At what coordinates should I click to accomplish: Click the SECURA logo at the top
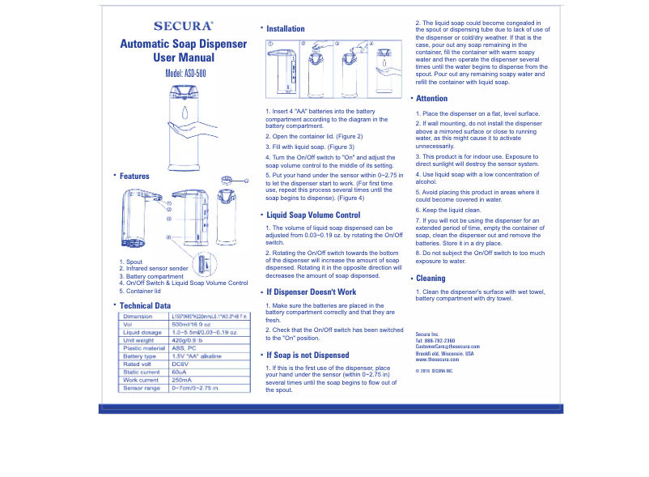point(183,26)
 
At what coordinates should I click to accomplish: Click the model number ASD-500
point(185,73)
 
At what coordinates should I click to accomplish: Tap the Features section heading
point(134,176)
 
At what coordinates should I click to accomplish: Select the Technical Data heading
point(145,305)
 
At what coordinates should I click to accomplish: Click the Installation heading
point(285,28)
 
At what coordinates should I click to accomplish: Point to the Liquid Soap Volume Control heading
point(313,215)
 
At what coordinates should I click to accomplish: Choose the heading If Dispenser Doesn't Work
point(311,292)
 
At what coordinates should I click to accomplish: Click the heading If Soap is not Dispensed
point(308,355)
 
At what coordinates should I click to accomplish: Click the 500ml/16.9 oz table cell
point(190,324)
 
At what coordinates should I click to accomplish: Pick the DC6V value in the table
point(180,364)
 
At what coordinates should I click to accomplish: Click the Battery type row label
point(140,356)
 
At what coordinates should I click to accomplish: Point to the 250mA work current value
point(181,380)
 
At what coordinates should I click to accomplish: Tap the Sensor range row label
point(141,388)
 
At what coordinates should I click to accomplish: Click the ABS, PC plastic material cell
point(185,348)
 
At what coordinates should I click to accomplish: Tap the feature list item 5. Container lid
point(139,291)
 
